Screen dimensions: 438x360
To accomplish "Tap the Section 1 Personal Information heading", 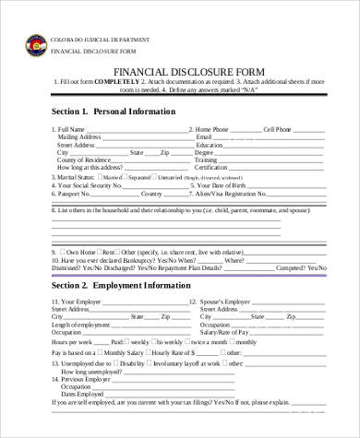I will coord(114,112).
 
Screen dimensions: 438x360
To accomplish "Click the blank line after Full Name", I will coord(138,130).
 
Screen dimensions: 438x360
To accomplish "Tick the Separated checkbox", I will coord(126,176).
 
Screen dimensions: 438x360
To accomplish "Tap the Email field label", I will coord(205,137).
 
